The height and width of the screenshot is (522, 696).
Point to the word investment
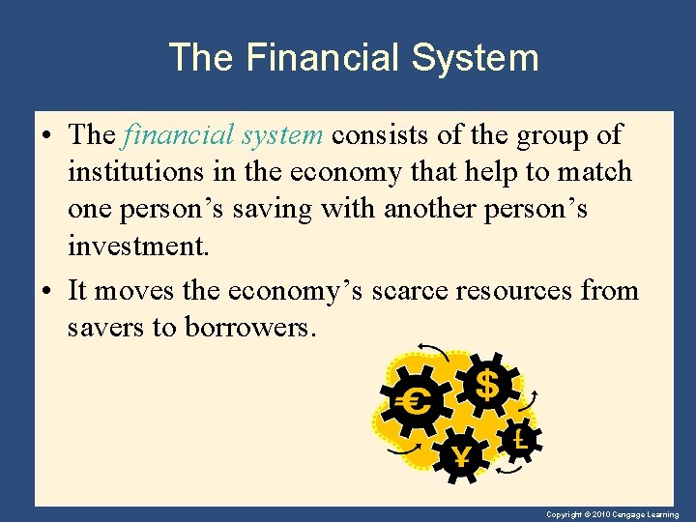click(137, 246)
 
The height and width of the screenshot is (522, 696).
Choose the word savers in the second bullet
click(106, 327)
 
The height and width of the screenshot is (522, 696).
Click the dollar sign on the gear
click(488, 385)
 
